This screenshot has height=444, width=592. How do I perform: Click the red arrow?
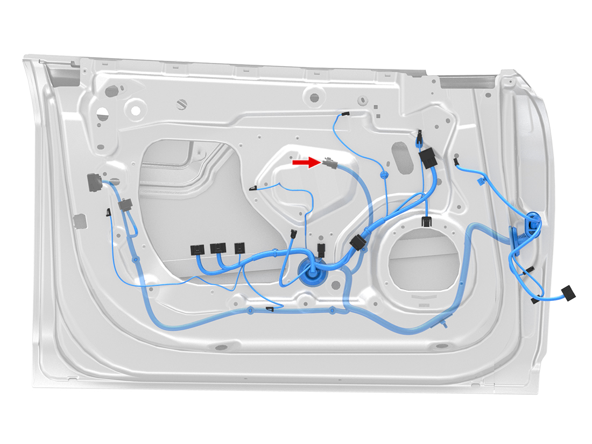coord(303,162)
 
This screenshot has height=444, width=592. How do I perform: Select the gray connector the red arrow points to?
coord(330,163)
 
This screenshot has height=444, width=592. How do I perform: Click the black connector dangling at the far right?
coord(568,293)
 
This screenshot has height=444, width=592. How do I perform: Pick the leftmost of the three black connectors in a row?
coord(198,249)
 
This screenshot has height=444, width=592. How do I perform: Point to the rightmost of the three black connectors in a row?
coord(239,248)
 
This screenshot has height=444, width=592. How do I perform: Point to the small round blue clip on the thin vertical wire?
coord(384,175)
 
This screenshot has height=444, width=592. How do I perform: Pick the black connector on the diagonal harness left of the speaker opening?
coord(358,243)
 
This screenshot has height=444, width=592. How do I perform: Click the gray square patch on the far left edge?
coord(79,221)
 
